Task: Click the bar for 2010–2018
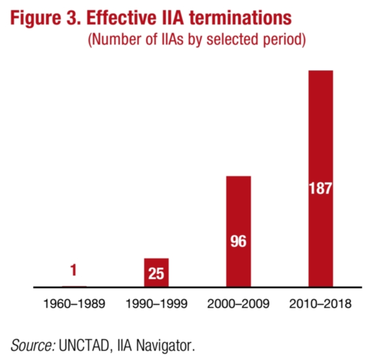pos(320,131)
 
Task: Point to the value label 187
pos(320,189)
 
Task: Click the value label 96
pos(239,241)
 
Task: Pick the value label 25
pos(156,274)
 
